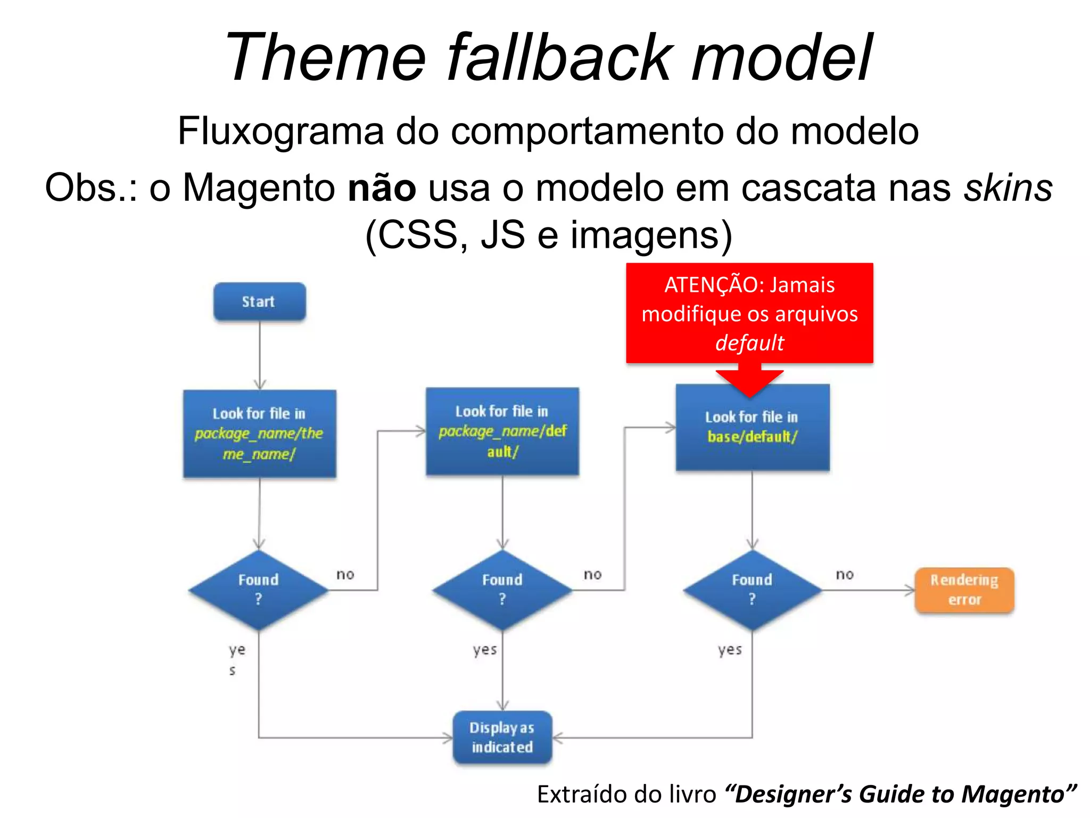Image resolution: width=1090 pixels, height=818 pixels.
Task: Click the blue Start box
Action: tap(259, 301)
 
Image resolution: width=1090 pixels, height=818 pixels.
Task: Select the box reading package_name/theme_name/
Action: tap(259, 433)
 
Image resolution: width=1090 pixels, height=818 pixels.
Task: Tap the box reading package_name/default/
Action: tap(502, 431)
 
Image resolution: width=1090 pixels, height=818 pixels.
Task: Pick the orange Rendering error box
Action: tap(964, 590)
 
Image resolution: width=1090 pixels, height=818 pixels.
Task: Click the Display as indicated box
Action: tap(502, 737)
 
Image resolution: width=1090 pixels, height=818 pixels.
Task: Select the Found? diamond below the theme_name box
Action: tap(259, 590)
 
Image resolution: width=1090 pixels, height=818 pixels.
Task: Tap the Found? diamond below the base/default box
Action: tap(752, 590)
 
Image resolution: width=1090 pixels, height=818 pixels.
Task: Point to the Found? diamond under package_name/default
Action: tap(502, 590)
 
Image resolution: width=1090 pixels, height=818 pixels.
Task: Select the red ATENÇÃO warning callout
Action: tap(749, 313)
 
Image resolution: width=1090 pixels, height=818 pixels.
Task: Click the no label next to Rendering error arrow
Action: tap(845, 574)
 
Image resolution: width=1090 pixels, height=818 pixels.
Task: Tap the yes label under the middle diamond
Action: tap(485, 650)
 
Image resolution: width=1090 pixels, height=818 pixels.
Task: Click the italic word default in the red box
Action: tap(749, 342)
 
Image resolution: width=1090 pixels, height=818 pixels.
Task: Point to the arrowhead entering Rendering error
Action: tap(911, 590)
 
